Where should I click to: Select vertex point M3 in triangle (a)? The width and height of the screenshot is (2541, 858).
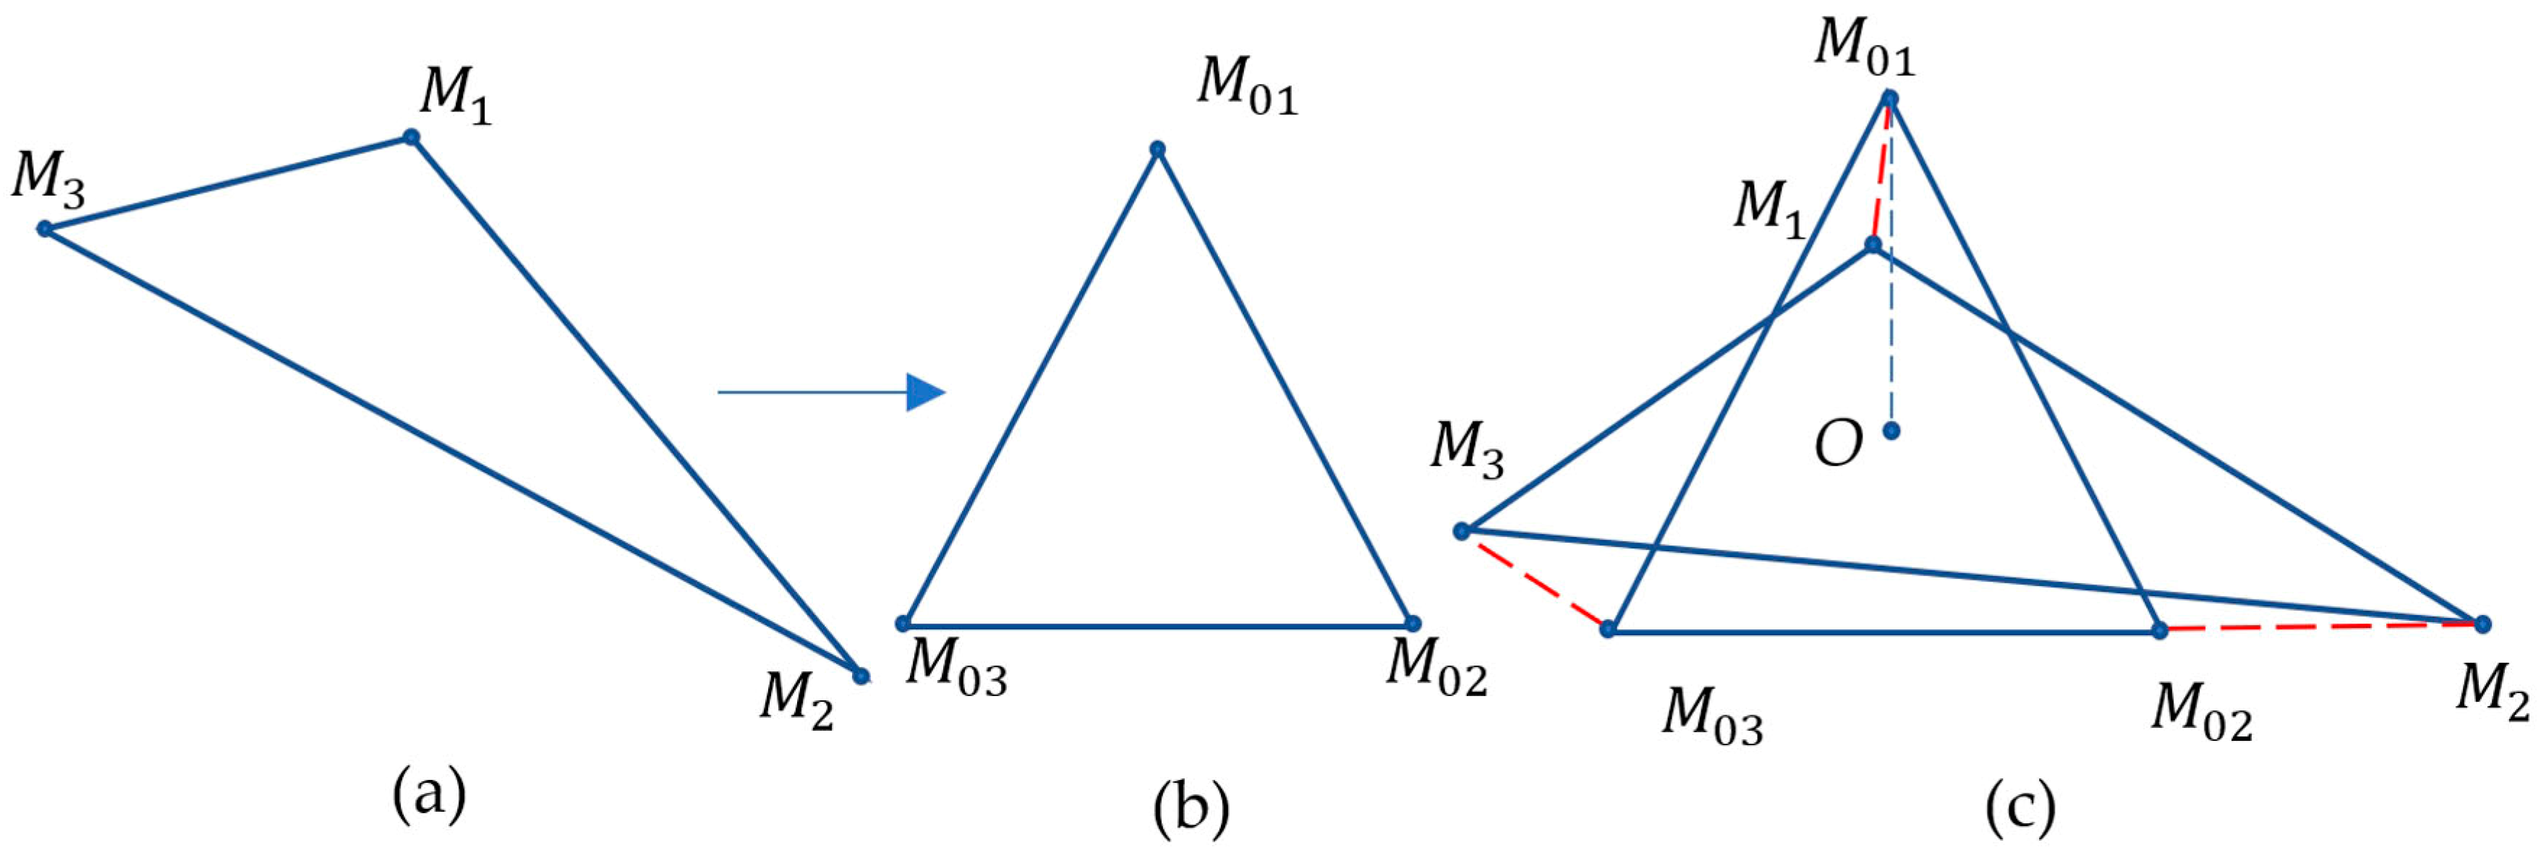pos(44,229)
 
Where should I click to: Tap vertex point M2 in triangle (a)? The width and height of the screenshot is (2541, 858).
pos(861,676)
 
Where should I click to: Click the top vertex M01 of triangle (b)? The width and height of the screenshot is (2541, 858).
pos(1158,150)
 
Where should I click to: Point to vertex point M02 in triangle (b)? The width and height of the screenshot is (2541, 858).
pos(1413,624)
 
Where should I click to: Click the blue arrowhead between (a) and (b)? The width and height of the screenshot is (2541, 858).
pos(925,393)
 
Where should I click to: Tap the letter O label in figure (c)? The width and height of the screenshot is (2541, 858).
pos(1839,446)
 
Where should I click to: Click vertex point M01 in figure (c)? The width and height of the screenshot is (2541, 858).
pos(1890,98)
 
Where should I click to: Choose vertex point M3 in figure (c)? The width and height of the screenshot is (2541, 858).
pos(1462,532)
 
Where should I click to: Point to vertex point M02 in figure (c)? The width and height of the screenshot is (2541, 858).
pos(2159,630)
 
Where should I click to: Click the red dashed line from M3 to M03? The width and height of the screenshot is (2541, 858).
pos(1535,580)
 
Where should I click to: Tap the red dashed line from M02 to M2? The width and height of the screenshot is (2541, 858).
pos(2321,627)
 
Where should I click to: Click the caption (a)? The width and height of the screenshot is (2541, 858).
pos(429,797)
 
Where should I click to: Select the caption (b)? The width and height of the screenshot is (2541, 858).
pos(1191,809)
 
